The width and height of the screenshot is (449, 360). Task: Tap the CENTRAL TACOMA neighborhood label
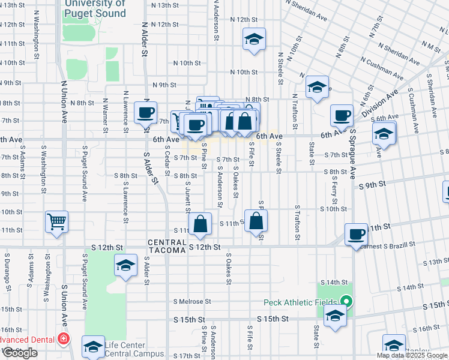167,246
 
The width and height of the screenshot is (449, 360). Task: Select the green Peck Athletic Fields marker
346,301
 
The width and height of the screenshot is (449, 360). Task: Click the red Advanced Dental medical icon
63,340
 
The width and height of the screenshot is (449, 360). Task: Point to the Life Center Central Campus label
133,349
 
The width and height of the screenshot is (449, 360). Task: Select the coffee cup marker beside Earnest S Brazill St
357,235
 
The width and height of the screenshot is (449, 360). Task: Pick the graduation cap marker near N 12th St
255,40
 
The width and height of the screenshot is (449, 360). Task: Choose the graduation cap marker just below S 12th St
125,265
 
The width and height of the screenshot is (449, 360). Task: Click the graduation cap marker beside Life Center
93,346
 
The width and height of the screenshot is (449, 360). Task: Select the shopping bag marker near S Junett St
200,224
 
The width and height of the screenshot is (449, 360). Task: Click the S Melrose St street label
192,301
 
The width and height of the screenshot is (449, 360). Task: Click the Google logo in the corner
20,353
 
